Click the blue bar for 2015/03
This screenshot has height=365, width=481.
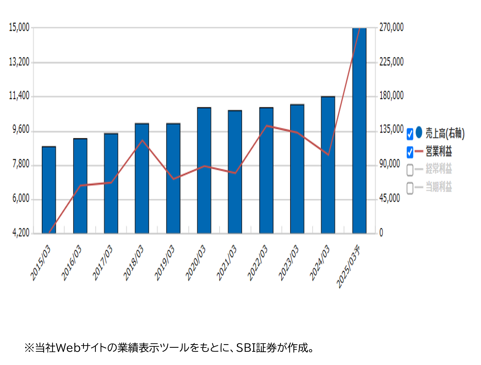point(49,190)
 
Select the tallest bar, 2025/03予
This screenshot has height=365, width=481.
point(359,131)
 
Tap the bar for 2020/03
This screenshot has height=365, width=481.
point(204,170)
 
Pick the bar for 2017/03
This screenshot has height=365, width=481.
point(111,183)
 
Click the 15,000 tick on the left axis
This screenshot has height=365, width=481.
point(19,27)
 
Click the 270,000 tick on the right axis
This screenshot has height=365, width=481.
point(392,27)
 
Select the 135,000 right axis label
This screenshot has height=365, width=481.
point(392,129)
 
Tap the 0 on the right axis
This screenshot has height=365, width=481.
point(381,232)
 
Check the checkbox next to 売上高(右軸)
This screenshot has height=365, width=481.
point(410,134)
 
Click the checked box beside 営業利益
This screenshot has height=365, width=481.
point(410,152)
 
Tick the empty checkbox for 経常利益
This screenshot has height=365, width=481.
point(410,170)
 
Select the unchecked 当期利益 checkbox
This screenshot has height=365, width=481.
point(410,188)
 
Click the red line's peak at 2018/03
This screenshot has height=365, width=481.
point(142,140)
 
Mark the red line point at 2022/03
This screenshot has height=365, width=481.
point(266,126)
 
